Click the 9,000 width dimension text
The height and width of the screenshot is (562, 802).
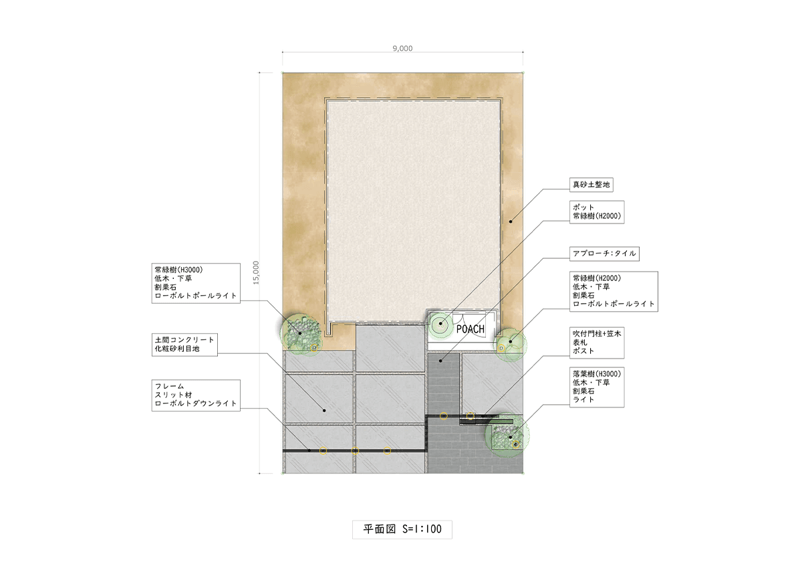click(402, 48)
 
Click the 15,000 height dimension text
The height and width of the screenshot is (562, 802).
click(256, 273)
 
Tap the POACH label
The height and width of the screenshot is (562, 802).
click(471, 329)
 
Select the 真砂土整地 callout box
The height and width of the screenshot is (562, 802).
click(591, 185)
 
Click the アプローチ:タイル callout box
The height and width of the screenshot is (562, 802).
click(604, 254)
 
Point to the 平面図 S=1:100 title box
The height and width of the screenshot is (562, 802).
click(402, 529)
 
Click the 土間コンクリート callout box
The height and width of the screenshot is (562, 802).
click(184, 345)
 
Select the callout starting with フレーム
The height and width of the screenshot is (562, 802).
click(196, 395)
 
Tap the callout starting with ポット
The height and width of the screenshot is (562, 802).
click(597, 212)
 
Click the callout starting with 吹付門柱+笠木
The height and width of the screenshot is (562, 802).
click(597, 343)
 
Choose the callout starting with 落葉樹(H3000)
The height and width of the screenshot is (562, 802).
click(597, 387)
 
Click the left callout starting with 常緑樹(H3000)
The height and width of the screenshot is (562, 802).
click(196, 283)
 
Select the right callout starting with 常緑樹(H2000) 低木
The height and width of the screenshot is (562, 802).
click(614, 292)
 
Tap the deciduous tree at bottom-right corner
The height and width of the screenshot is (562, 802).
click(507, 435)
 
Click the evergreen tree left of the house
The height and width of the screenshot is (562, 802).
click(300, 334)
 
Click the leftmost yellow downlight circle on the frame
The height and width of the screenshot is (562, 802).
click(323, 450)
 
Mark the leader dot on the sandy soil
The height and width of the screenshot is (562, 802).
click(511, 221)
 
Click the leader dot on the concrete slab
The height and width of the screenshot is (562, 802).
click(324, 410)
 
